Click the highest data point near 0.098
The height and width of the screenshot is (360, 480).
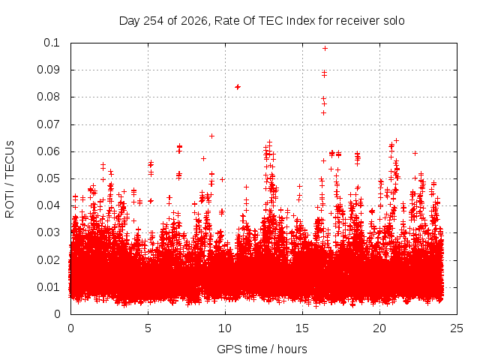tap(325, 48)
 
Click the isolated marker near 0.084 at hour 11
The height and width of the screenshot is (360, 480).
tap(238, 87)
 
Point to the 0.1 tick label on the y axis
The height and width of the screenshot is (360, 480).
tap(52, 43)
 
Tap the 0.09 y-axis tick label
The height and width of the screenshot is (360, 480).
tap(48, 70)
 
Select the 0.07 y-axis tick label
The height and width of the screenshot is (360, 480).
tap(48, 124)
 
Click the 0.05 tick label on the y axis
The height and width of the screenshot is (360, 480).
tap(48, 178)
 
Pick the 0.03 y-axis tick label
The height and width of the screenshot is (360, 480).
tap(48, 232)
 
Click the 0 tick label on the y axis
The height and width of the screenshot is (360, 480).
tap(57, 314)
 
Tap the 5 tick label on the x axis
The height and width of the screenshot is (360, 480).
tap(148, 328)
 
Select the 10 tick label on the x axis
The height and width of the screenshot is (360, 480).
tap(225, 328)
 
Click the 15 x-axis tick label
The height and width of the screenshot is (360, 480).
tap(302, 328)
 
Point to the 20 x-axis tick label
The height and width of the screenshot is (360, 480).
tap(379, 328)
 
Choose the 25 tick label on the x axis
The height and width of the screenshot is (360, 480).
tap(457, 328)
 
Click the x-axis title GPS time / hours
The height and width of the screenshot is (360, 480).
tap(262, 349)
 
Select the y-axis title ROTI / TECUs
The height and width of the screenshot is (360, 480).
tap(10, 179)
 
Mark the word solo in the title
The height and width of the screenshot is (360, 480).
tap(394, 21)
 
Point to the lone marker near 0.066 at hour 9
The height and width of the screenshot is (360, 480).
tap(211, 136)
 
